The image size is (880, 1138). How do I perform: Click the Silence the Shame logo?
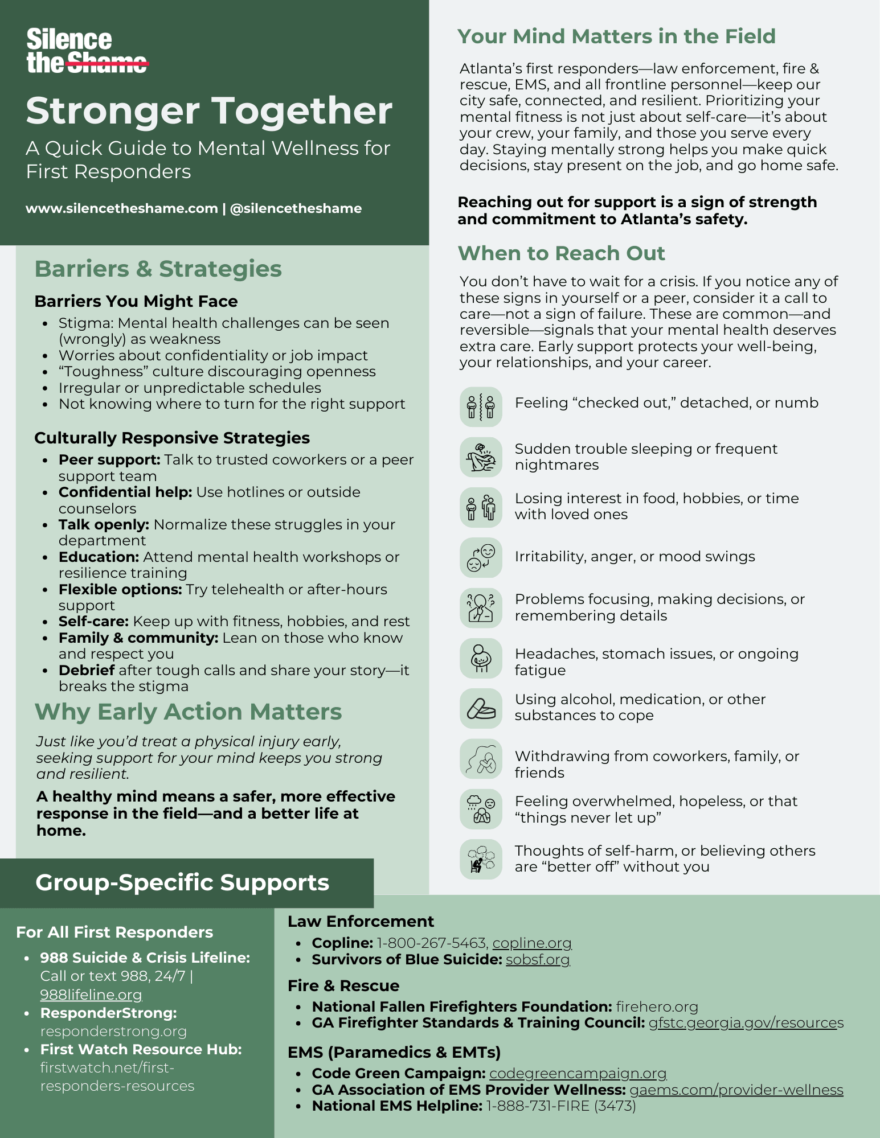(87, 51)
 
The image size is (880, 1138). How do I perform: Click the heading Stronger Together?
(209, 110)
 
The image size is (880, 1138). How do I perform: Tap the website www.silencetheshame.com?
(122, 208)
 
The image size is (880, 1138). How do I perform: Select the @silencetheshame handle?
(296, 208)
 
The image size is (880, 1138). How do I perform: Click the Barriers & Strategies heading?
(158, 269)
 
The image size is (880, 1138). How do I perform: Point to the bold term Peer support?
(109, 459)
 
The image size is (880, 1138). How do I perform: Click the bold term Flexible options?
(120, 589)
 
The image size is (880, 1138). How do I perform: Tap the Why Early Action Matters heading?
(188, 712)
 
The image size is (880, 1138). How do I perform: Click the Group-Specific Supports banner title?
(182, 882)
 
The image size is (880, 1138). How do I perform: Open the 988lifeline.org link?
(91, 995)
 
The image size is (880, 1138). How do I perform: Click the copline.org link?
(532, 943)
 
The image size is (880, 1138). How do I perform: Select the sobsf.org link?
(538, 960)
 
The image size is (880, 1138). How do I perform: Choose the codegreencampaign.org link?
(578, 1073)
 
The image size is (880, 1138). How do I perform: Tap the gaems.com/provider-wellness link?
(736, 1090)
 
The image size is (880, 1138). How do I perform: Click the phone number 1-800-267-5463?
(431, 943)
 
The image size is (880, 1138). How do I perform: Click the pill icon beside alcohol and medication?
(481, 709)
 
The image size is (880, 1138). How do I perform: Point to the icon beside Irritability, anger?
(481, 558)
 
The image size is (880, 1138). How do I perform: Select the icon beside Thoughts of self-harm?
(481, 859)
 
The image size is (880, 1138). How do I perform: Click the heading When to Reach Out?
(561, 253)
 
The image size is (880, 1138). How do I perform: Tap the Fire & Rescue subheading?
(343, 985)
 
